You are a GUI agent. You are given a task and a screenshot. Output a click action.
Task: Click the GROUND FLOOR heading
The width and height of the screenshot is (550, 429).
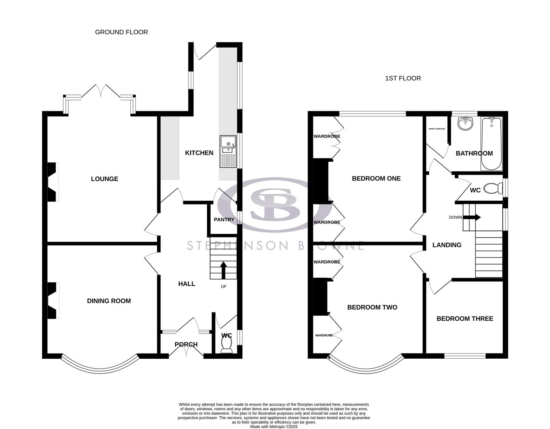click(121, 32)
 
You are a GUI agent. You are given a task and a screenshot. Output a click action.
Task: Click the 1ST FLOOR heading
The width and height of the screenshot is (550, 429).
click(403, 78)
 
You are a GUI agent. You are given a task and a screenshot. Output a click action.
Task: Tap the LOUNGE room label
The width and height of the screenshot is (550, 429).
click(104, 179)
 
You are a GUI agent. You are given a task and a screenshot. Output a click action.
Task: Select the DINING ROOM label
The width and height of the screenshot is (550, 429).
click(109, 301)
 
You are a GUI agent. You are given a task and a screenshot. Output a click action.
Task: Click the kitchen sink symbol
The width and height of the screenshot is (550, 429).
click(228, 151)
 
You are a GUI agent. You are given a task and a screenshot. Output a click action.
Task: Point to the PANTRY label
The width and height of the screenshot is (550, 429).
click(224, 220)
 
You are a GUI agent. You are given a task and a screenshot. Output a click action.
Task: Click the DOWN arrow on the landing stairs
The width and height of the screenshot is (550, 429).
click(475, 217)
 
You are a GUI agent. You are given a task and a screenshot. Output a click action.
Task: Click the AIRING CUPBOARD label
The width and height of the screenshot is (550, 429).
click(436, 129)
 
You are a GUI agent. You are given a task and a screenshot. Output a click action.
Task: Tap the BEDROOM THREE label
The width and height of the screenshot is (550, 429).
click(465, 319)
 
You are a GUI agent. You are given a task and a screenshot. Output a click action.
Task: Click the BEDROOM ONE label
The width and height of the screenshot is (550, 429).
click(376, 178)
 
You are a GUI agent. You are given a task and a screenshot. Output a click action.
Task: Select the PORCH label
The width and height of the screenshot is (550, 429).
click(186, 344)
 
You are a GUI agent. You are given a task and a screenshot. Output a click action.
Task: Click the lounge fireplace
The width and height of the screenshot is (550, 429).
click(53, 182)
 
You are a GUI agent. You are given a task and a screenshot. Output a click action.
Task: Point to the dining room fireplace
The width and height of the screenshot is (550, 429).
click(53, 300)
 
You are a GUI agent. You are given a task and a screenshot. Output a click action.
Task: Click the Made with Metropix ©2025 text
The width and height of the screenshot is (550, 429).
click(274, 427)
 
